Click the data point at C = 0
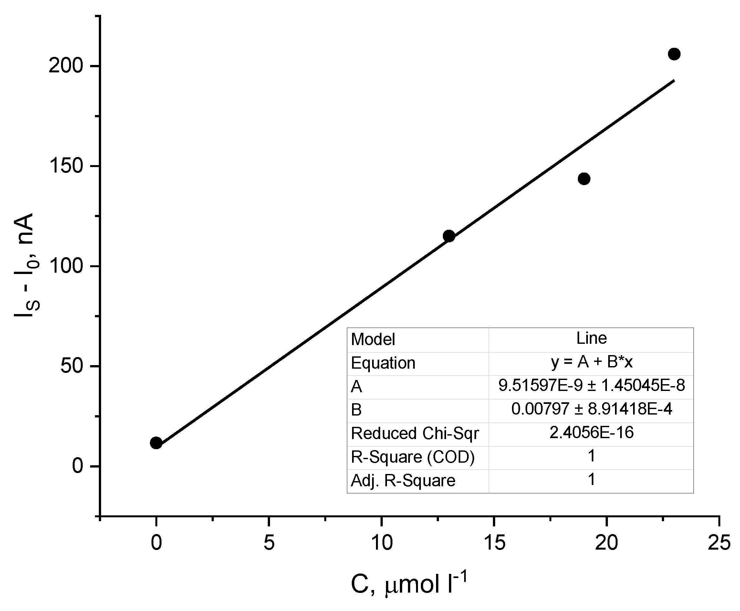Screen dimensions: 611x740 point(156,443)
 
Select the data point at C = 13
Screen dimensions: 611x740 point(449,236)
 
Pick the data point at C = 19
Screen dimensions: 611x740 point(584,179)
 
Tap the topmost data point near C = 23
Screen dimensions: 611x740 point(674,54)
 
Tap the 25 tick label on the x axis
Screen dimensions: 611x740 point(719,543)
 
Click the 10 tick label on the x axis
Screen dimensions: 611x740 point(381,543)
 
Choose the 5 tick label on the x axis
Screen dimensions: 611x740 point(269,543)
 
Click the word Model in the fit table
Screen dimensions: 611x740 point(373,340)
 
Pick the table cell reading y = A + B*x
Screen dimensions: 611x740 point(591,362)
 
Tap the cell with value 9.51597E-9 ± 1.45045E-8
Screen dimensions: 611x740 point(591,386)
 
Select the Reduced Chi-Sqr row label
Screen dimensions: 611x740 point(414,434)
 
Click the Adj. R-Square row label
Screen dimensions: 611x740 point(403,481)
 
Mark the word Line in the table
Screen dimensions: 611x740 point(591,339)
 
